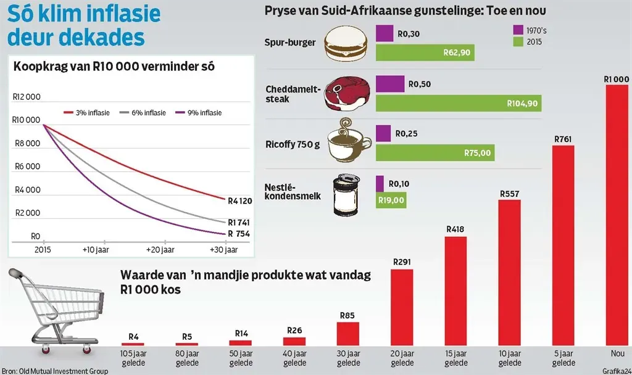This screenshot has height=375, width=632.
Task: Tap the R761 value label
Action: pyautogui.click(x=562, y=139)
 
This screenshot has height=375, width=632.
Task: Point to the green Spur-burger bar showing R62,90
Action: pyautogui.click(x=424, y=52)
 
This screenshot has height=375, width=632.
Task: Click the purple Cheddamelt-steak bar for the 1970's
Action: pyautogui.click(x=390, y=84)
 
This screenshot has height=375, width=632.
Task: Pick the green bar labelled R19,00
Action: pyautogui.click(x=391, y=199)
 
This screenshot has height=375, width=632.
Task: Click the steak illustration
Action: pyautogui.click(x=347, y=94)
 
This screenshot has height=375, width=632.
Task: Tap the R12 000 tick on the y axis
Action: pyautogui.click(x=26, y=97)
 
